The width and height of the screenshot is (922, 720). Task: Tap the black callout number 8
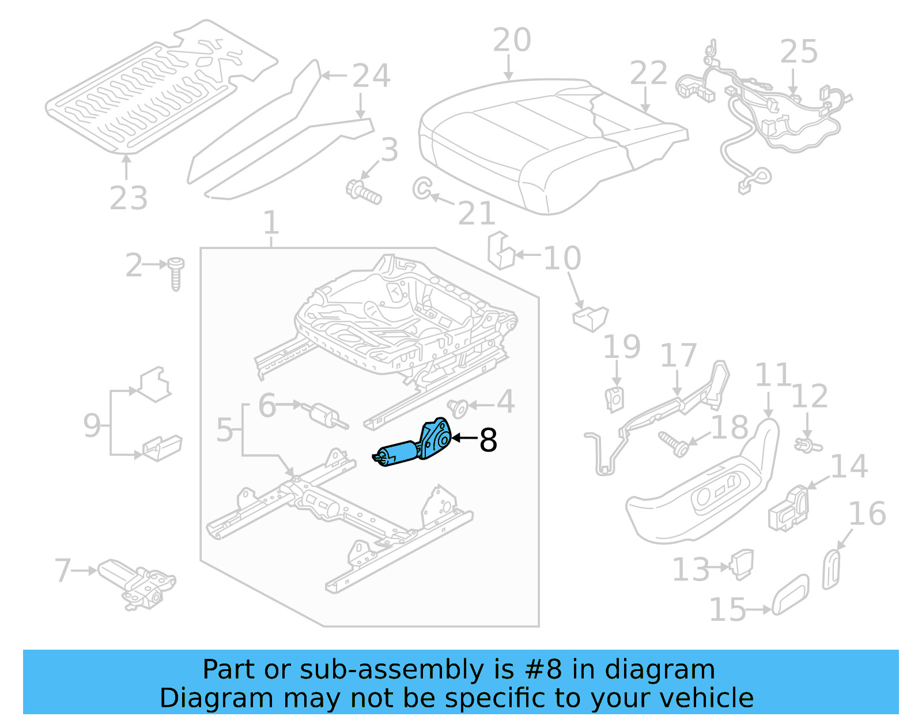click(488, 440)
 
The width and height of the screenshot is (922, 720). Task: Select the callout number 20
click(512, 40)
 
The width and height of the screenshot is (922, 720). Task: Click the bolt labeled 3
click(364, 192)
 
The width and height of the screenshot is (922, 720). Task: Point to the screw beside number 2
click(176, 273)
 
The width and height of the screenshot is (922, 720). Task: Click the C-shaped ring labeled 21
click(421, 188)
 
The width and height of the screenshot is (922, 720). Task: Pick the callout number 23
click(129, 198)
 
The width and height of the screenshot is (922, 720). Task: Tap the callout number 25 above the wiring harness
click(799, 52)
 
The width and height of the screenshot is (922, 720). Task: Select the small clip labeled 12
click(808, 445)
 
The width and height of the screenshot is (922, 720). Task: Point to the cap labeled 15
click(790, 594)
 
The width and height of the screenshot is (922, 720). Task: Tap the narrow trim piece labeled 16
click(831, 570)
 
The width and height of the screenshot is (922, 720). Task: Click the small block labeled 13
click(742, 563)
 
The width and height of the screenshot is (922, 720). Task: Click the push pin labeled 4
click(458, 408)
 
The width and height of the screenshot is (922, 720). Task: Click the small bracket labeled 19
click(615, 399)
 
